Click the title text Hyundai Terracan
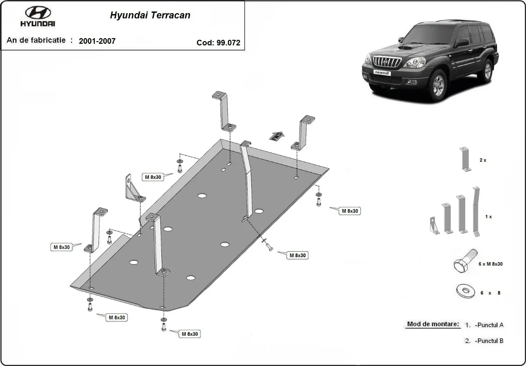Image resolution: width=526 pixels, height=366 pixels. [149, 15]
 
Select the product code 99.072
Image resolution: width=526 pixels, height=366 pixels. [228, 43]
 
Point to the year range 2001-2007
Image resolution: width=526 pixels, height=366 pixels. [97, 41]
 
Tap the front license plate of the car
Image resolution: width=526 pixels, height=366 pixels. [379, 72]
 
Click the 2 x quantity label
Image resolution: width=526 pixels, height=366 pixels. [483, 160]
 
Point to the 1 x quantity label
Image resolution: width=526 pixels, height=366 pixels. [488, 217]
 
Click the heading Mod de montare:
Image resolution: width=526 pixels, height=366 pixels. [433, 324]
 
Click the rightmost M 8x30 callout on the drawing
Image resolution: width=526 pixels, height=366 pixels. [350, 211]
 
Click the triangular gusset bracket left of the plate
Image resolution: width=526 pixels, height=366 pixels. [133, 189]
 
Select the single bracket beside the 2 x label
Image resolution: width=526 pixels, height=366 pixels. [465, 159]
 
